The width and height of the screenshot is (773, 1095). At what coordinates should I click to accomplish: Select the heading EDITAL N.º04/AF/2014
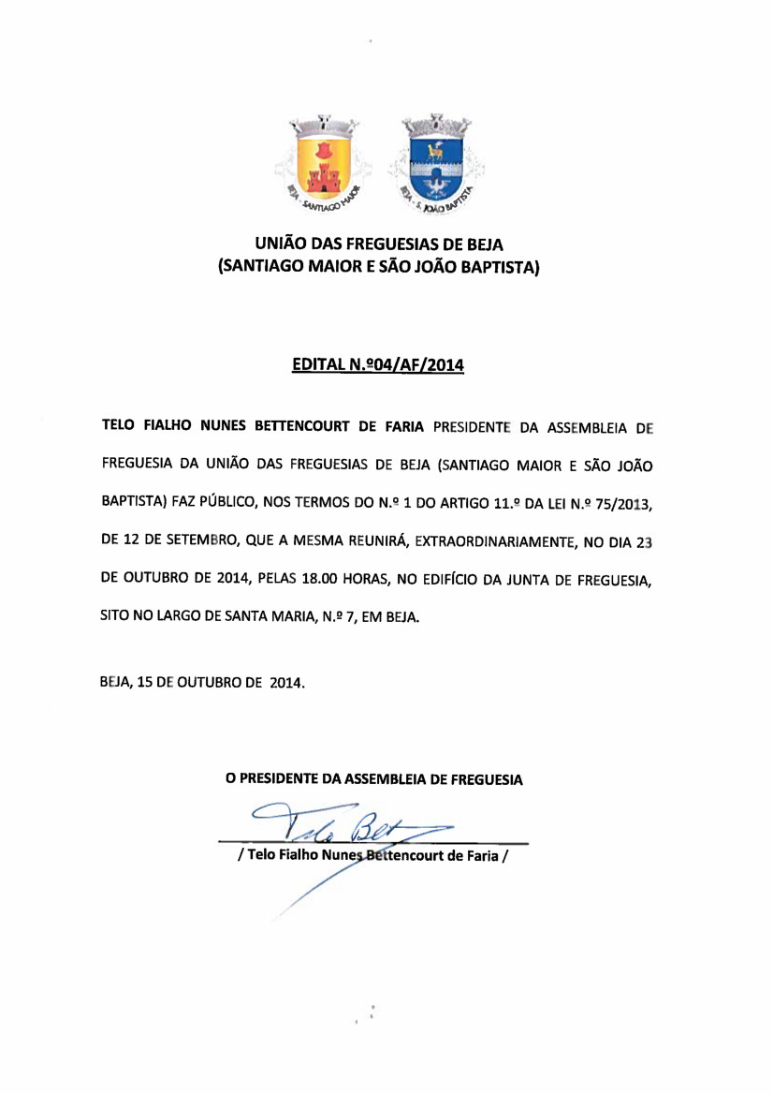tap(379, 365)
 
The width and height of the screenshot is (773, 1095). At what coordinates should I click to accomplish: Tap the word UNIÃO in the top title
tap(282, 244)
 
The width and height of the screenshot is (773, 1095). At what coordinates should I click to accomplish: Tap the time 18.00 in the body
tap(322, 581)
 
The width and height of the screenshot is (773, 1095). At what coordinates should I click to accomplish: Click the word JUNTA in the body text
tap(534, 581)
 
